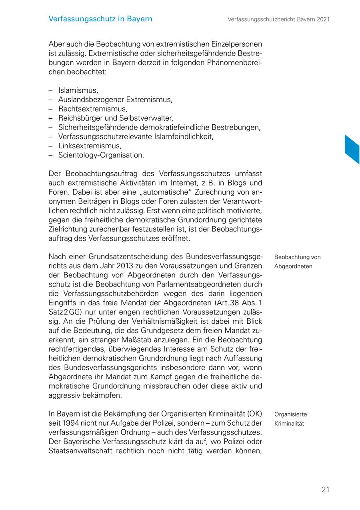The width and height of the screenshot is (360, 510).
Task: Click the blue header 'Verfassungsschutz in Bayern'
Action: (100, 19)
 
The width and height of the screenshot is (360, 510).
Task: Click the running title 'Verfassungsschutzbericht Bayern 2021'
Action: (278, 19)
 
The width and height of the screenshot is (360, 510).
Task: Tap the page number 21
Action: (325, 489)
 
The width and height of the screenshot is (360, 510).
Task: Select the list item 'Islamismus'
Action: (78, 90)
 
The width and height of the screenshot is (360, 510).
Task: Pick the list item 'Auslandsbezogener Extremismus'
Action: (115, 100)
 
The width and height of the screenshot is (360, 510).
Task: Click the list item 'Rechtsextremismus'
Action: (92, 109)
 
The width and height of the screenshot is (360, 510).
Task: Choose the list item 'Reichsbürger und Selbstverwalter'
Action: (115, 118)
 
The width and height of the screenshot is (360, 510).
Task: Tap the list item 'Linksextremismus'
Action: (90, 145)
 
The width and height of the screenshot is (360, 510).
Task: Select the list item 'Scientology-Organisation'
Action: (101, 155)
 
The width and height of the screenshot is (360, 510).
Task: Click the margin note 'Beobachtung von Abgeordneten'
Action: (297, 261)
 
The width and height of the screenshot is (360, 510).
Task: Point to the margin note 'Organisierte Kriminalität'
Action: (290, 418)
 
